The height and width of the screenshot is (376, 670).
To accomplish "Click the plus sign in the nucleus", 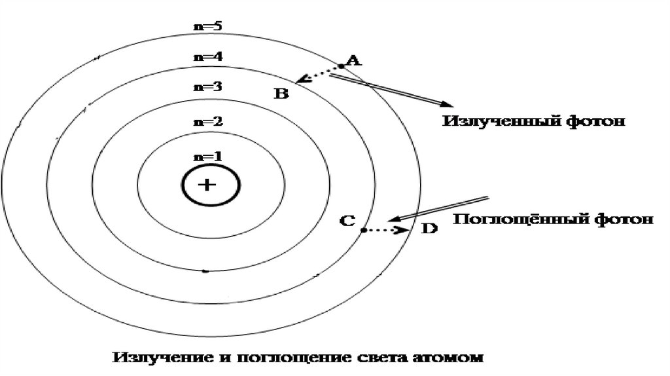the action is click(207, 185).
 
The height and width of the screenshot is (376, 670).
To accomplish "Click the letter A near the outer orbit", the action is click(353, 61).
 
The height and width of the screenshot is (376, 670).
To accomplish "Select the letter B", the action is click(281, 94).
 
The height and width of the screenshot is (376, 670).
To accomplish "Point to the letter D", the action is click(429, 229).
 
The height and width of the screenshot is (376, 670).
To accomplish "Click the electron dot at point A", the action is click(341, 67).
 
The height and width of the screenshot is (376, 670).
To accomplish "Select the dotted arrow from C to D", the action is click(386, 231).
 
